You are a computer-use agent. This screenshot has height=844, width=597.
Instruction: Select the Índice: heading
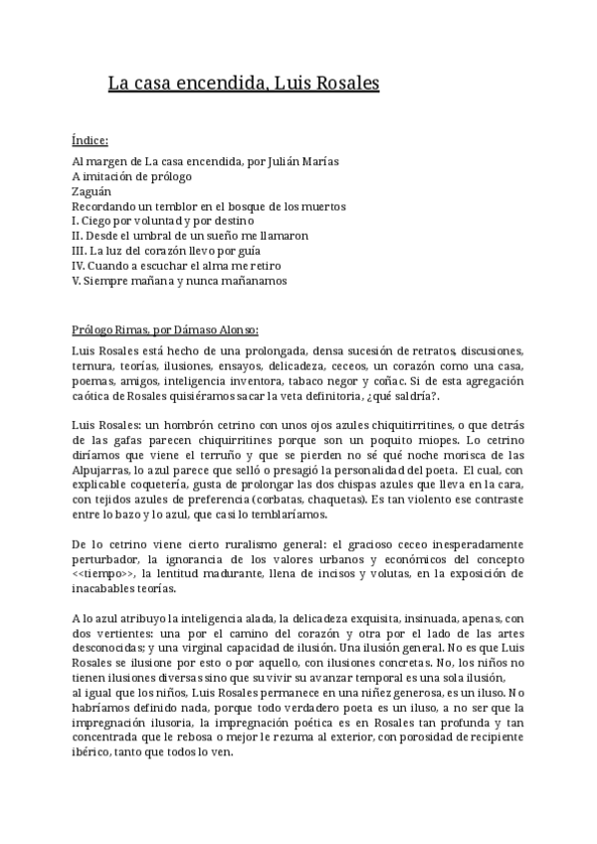pyautogui.click(x=91, y=140)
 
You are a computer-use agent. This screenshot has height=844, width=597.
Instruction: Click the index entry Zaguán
pyautogui.click(x=93, y=191)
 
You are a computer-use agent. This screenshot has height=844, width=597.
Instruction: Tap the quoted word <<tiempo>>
pyautogui.click(x=108, y=575)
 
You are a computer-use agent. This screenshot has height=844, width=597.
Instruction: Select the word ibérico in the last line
pyautogui.click(x=94, y=755)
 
